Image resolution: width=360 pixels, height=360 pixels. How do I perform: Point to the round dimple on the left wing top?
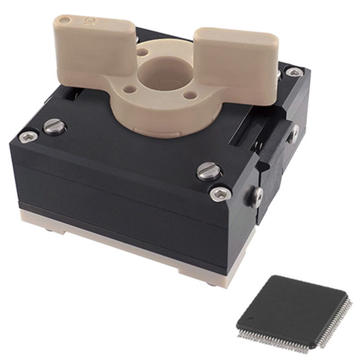[66, 20]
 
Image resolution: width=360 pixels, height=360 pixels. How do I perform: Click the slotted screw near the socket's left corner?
[54, 126]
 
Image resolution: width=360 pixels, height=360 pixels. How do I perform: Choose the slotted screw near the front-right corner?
[209, 171]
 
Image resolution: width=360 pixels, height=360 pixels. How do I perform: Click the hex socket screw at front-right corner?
[220, 193]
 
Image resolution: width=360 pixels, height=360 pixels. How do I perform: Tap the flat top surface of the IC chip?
[292, 306]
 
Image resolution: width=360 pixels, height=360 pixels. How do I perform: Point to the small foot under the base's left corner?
[49, 230]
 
